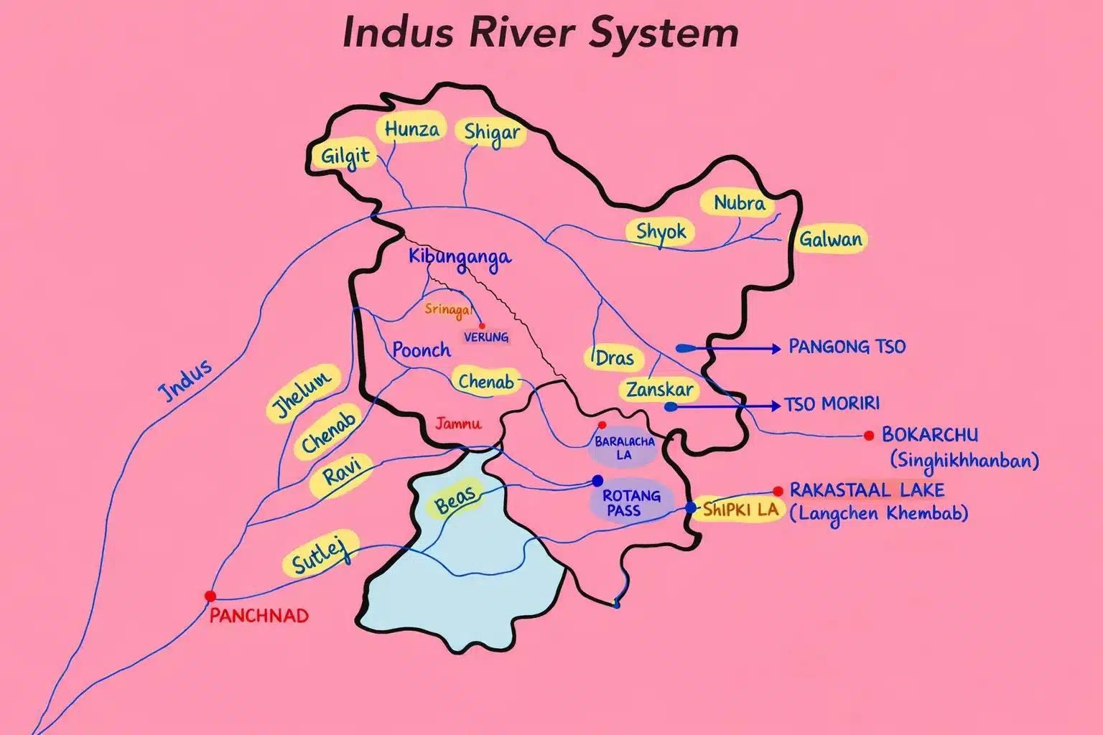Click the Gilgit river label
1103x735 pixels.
345,156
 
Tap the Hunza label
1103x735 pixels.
411,130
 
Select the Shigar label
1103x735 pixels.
491,133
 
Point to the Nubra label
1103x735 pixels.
739,204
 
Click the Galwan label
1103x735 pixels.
830,239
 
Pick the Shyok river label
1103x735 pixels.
661,232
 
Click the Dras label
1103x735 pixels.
615,357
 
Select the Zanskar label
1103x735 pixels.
659,390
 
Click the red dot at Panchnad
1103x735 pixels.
210,596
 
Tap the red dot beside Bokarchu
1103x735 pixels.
869,435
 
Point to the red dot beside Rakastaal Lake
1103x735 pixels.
778,492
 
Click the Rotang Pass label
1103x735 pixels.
631,502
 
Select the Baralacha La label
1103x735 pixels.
624,448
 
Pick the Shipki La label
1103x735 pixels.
740,510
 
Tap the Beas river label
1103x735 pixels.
455,500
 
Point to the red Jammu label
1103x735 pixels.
458,423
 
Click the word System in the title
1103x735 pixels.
664,33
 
